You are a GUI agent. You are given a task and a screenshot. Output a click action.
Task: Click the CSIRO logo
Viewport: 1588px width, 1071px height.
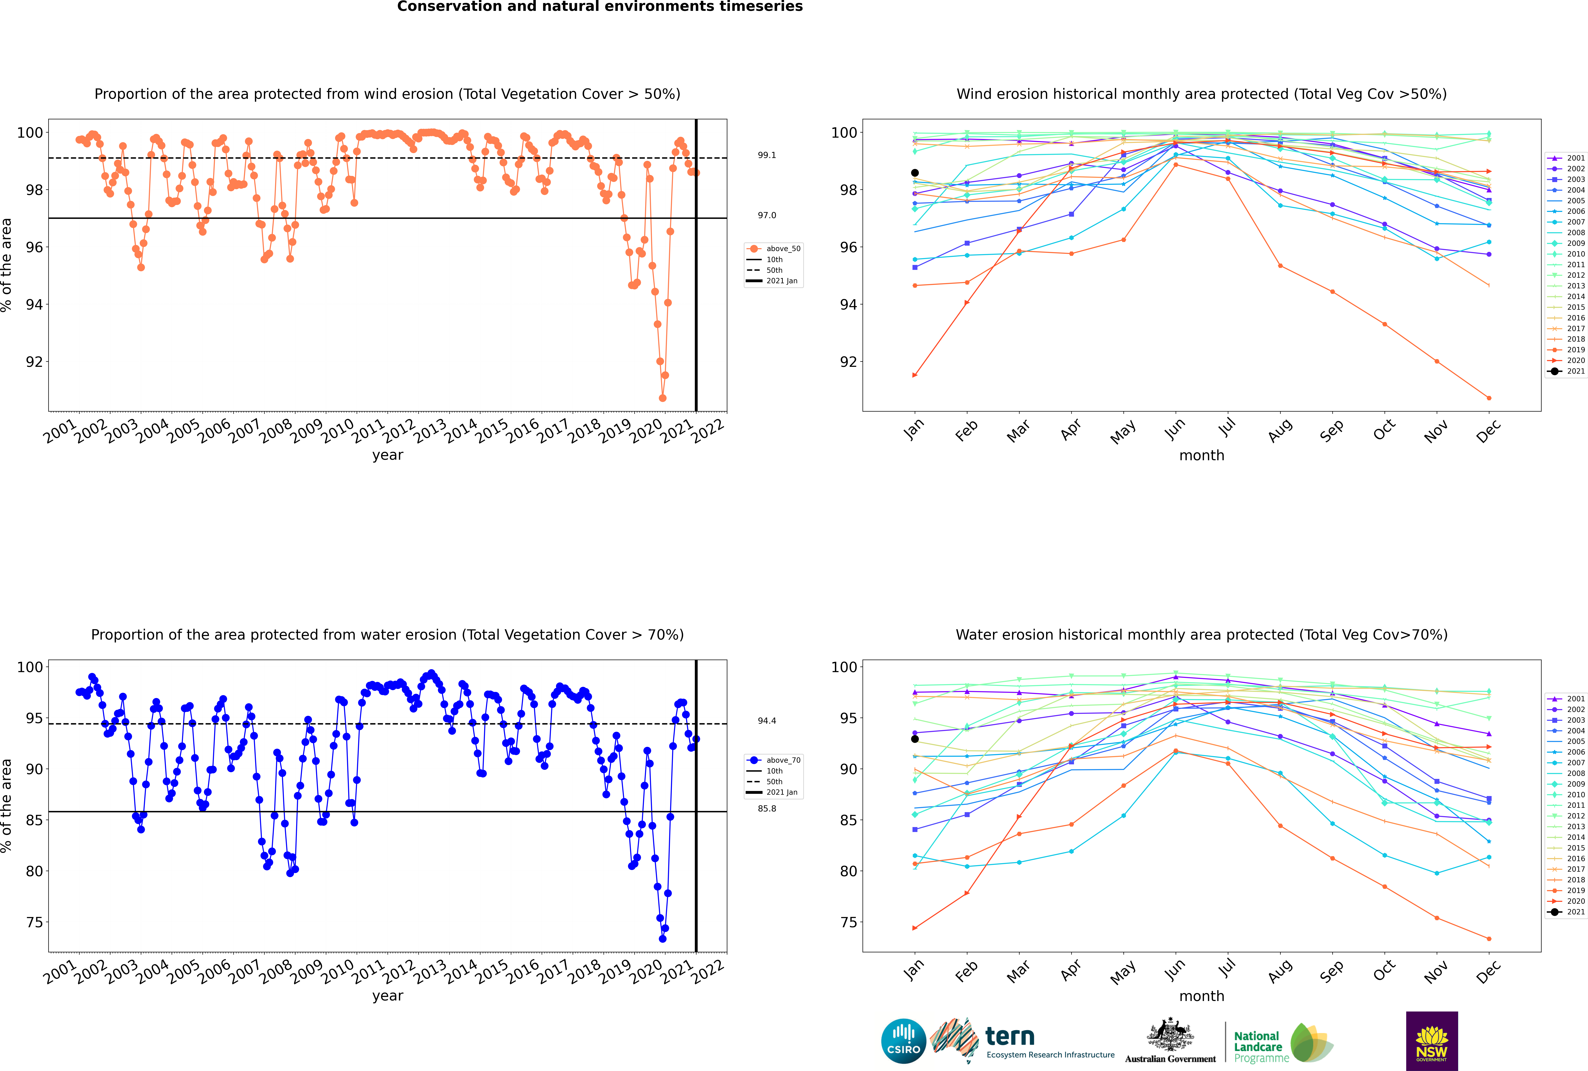coord(903,1041)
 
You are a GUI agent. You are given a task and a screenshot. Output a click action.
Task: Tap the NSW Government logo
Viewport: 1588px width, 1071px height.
coord(1432,1040)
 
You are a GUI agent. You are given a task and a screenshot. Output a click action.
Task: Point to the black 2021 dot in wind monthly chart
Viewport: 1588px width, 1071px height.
coord(915,173)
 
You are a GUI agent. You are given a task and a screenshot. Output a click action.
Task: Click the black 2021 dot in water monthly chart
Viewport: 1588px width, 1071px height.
coord(915,739)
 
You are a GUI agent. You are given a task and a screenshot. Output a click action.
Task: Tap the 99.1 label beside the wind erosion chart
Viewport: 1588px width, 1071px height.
coord(767,155)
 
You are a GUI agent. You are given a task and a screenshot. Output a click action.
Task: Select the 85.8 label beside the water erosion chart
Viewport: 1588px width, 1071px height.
coord(767,809)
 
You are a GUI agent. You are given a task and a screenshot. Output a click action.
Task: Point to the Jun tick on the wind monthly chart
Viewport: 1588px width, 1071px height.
coord(1175,429)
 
